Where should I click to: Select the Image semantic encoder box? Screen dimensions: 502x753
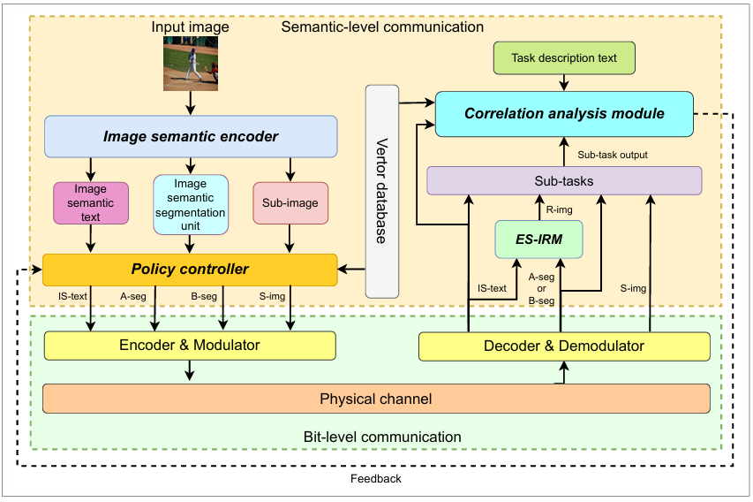coord(191,136)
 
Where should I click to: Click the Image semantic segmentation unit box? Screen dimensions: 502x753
coord(191,204)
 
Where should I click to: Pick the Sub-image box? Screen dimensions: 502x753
coord(290,203)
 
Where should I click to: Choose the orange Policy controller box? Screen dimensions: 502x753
coord(190,269)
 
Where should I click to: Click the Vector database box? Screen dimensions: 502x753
coord(382,190)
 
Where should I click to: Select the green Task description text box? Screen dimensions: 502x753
coord(564,58)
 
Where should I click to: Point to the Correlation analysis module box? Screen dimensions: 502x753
coord(564,113)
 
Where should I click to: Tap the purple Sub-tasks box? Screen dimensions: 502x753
coord(564,181)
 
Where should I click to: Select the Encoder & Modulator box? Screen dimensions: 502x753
coord(190,346)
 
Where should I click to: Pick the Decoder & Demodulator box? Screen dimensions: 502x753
coord(564,346)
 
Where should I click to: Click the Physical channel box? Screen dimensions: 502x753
coord(376,399)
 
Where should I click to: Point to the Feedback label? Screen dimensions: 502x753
coord(376,479)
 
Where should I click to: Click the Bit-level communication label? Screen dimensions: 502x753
coord(382,437)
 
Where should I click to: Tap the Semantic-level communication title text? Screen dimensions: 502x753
coord(382,27)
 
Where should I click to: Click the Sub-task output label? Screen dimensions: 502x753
coord(613,155)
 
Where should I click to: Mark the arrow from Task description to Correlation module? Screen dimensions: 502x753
coord(564,81)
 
